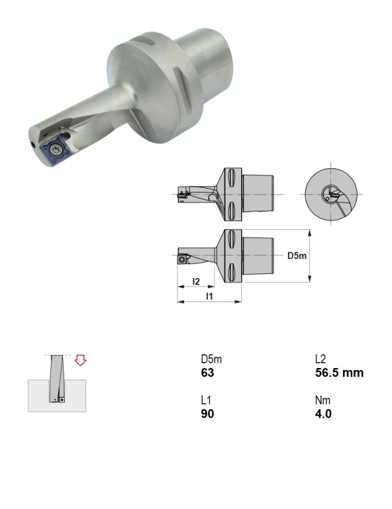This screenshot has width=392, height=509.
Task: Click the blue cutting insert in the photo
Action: click(55, 149)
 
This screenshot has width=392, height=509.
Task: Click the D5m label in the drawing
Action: click(297, 256)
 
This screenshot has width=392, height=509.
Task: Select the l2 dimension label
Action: click(196, 281)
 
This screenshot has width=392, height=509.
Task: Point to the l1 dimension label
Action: click(210, 296)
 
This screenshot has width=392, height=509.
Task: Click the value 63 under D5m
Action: click(207, 373)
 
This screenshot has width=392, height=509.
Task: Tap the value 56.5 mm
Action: click(339, 373)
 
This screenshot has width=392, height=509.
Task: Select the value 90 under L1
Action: click(207, 414)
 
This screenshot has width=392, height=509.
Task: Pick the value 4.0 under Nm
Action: click(323, 414)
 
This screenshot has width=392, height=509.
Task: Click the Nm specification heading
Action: click(323, 400)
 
